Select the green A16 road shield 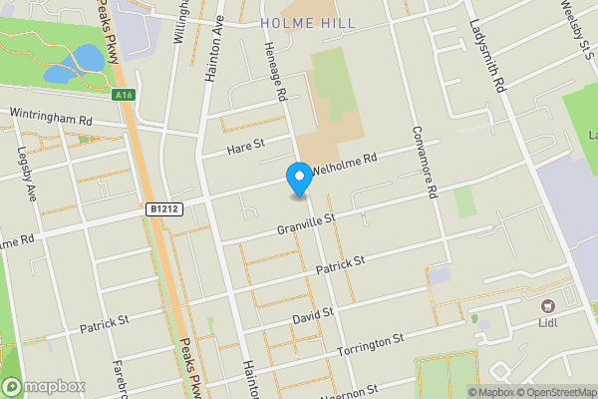click(124, 95)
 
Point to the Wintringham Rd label click(51, 116)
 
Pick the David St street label click(312, 315)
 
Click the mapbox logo click(45, 386)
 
